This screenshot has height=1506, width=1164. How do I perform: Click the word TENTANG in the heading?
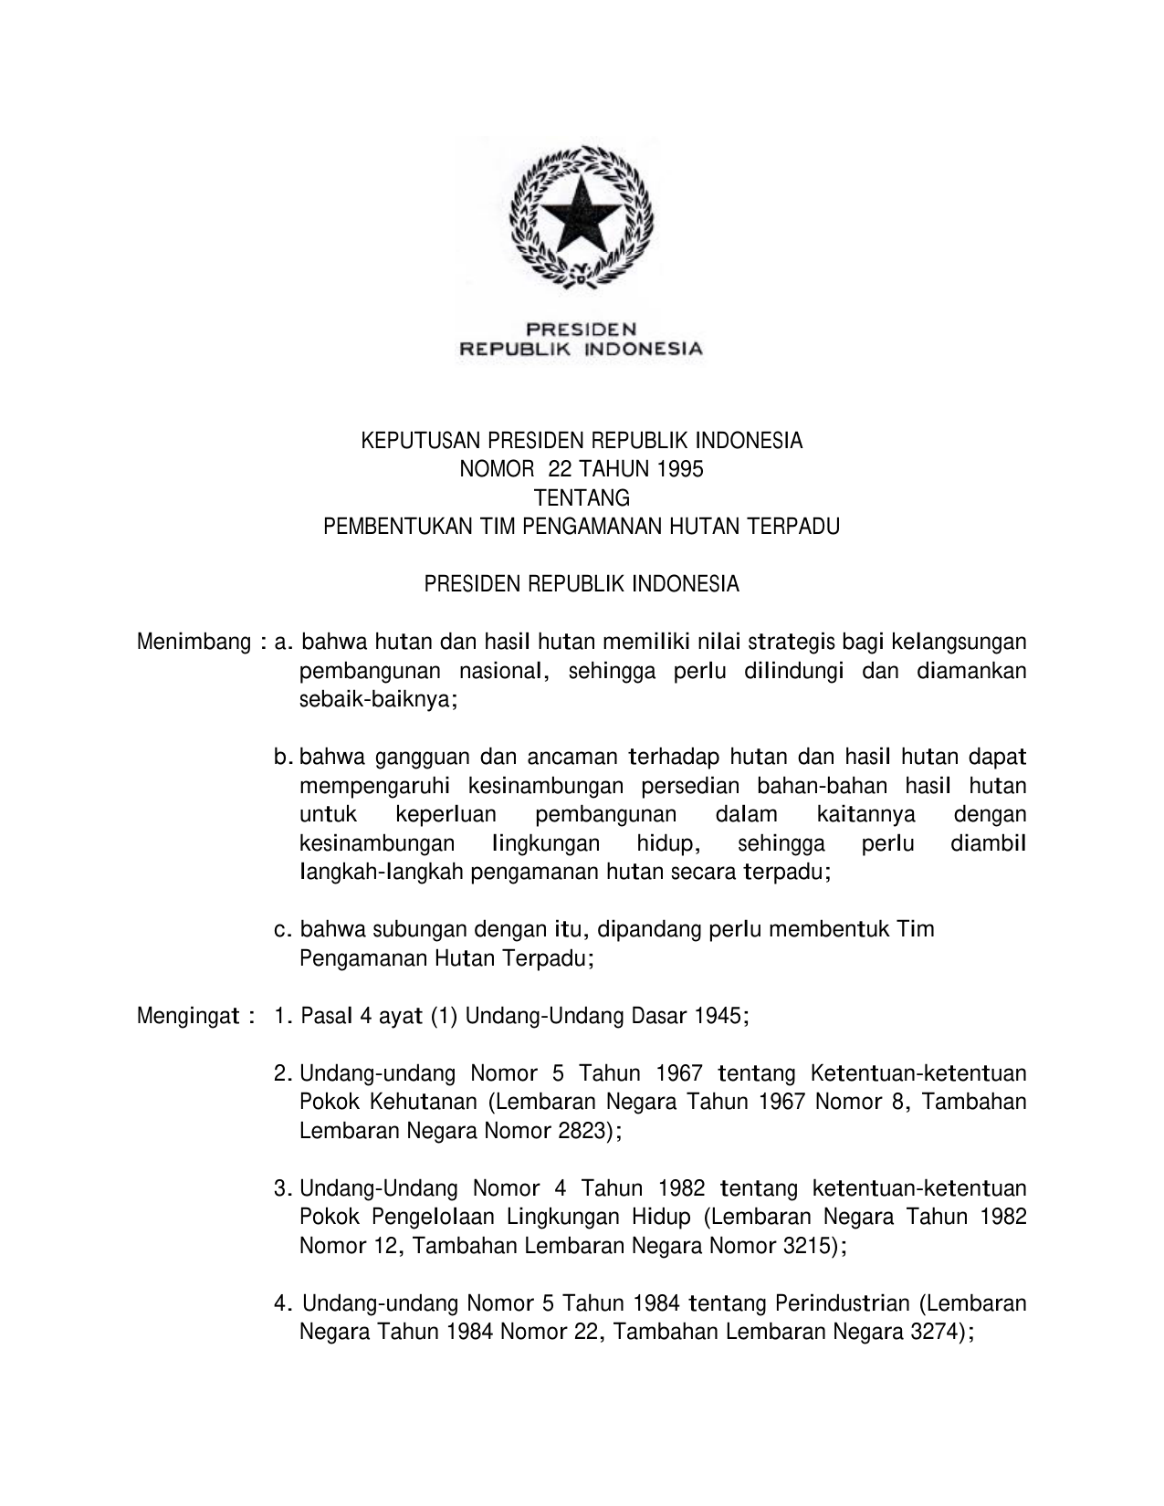(582, 498)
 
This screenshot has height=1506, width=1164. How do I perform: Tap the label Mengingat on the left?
(188, 1016)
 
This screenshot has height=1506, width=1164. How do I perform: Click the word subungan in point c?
(421, 930)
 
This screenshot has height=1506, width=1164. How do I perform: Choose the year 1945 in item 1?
(719, 1016)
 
